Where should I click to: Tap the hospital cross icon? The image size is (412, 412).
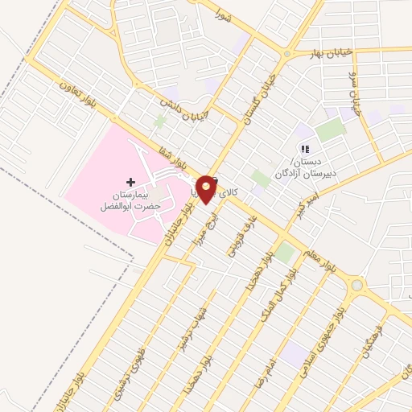pyautogui.click(x=131, y=183)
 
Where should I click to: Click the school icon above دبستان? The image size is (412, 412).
pyautogui.click(x=304, y=148)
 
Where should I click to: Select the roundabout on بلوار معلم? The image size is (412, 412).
pyautogui.click(x=356, y=284)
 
